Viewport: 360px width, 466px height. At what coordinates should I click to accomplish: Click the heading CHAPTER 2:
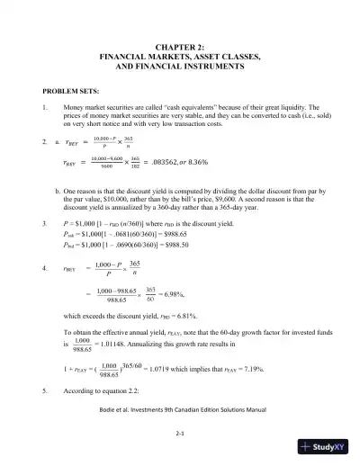[x=180, y=46]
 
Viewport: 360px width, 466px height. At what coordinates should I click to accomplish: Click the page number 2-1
[x=180, y=434]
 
